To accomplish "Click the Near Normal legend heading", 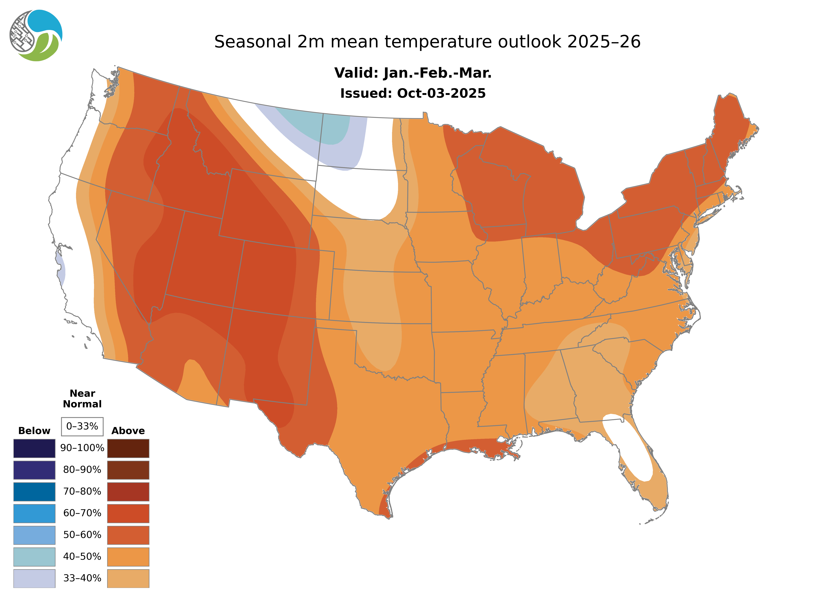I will pos(82,399).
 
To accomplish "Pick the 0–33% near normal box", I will pos(82,426).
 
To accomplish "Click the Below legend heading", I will pos(34,431).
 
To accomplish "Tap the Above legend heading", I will pos(128,431).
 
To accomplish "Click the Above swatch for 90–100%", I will pos(128,448).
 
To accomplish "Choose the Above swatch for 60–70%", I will pos(128,513).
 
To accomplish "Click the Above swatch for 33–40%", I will pos(128,578).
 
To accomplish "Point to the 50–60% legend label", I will pos(82,535).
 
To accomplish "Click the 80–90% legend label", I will pos(82,470).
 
